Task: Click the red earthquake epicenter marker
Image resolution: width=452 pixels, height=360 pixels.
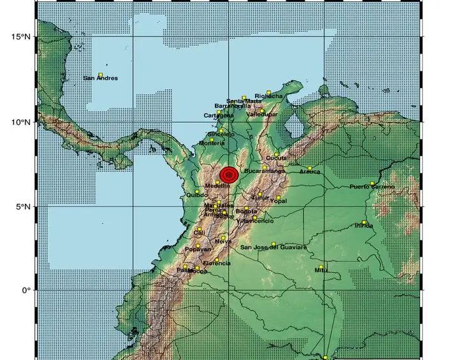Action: tap(228, 174)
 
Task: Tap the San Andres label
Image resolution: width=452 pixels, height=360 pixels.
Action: tap(101, 78)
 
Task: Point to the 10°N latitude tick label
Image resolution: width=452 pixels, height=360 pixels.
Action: tap(21, 122)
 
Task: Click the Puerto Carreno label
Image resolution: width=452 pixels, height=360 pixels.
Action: tap(372, 187)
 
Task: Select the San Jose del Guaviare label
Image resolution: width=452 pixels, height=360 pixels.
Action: tap(273, 247)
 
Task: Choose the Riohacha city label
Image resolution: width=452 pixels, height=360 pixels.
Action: tap(268, 96)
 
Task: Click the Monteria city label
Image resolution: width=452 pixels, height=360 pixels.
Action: tap(212, 143)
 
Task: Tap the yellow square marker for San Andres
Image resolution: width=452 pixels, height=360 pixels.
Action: tap(101, 75)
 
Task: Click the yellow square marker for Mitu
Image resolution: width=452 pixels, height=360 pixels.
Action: tap(321, 266)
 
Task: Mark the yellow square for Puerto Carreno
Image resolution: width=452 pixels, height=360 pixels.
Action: tap(372, 183)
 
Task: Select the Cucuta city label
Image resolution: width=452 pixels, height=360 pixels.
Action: tap(276, 157)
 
